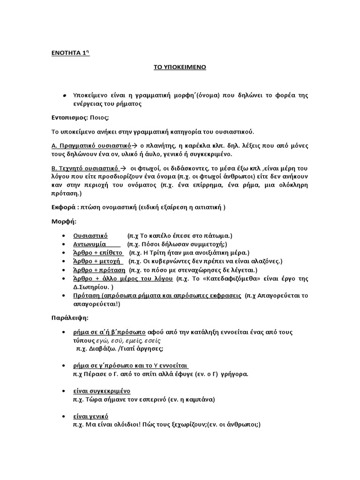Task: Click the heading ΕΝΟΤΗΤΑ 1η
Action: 70,52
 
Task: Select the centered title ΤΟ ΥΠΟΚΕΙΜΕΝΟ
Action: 180,67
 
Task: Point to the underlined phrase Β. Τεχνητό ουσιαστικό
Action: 86,168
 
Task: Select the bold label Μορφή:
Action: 63,221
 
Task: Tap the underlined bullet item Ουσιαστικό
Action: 91,235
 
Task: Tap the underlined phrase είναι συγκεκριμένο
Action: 102,391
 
